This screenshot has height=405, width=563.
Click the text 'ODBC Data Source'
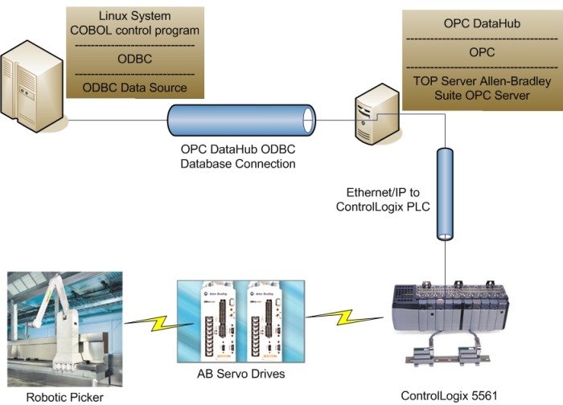136,88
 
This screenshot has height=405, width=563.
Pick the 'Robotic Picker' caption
65,396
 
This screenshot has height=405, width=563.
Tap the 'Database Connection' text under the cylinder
239,163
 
